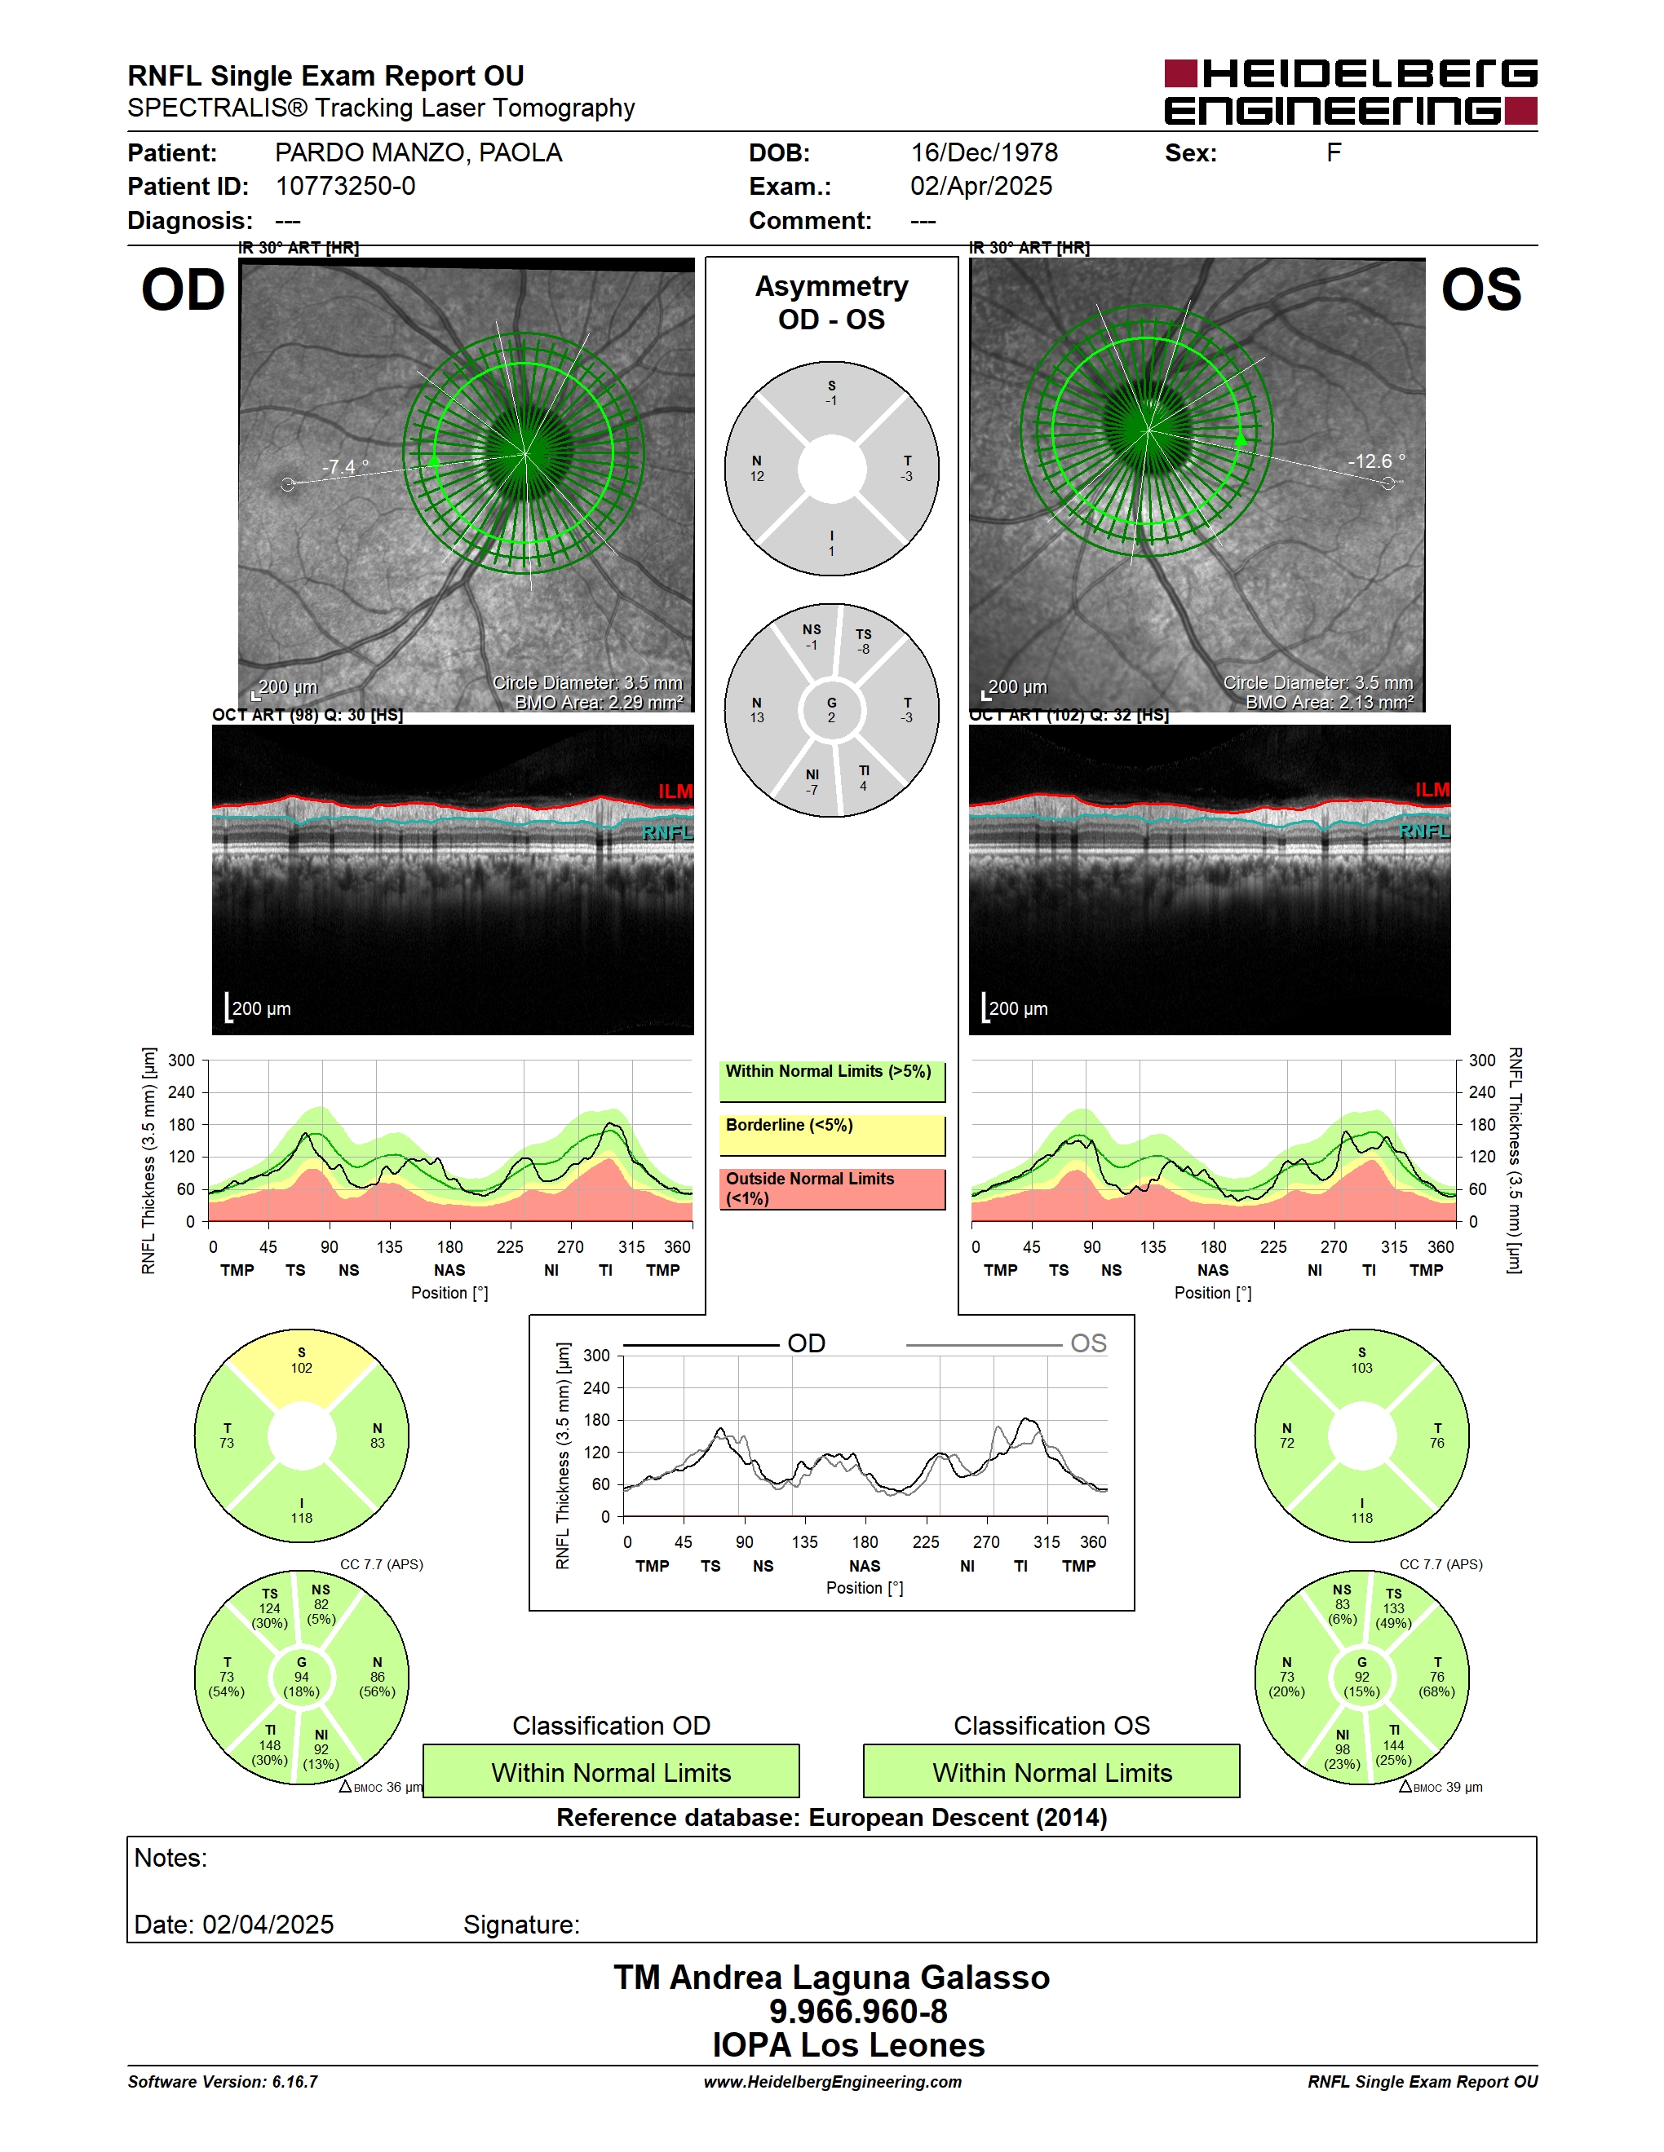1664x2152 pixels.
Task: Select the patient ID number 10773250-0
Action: click(345, 186)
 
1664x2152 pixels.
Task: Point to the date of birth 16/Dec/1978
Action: click(984, 152)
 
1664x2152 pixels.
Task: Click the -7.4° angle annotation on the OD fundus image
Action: click(345, 466)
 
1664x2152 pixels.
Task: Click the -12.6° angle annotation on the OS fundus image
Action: click(1376, 461)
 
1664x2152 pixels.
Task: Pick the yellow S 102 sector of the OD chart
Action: click(302, 1365)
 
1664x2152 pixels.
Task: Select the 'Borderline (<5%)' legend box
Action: click(832, 1134)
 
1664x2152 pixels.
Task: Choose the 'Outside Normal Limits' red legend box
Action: click(832, 1188)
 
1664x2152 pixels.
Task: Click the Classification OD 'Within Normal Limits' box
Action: click(611, 1771)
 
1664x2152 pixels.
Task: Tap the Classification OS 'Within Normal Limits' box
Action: click(1052, 1771)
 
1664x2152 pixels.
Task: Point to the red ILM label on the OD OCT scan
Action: click(675, 792)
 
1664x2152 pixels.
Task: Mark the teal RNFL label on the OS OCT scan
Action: click(1424, 831)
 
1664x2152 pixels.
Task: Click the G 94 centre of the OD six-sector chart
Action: click(302, 1676)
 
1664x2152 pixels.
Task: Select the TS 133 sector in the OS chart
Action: click(1393, 1608)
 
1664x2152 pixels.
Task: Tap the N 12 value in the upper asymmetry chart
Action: click(757, 469)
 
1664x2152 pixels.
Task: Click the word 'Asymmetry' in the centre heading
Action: click(832, 286)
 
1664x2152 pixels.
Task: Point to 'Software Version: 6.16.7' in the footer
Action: click(223, 2081)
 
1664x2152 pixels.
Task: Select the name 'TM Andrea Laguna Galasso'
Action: click(832, 1977)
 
